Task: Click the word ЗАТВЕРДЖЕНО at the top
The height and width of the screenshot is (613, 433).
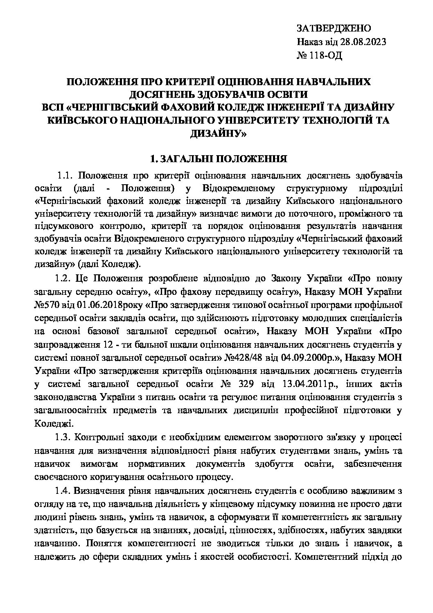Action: coord(333,29)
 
